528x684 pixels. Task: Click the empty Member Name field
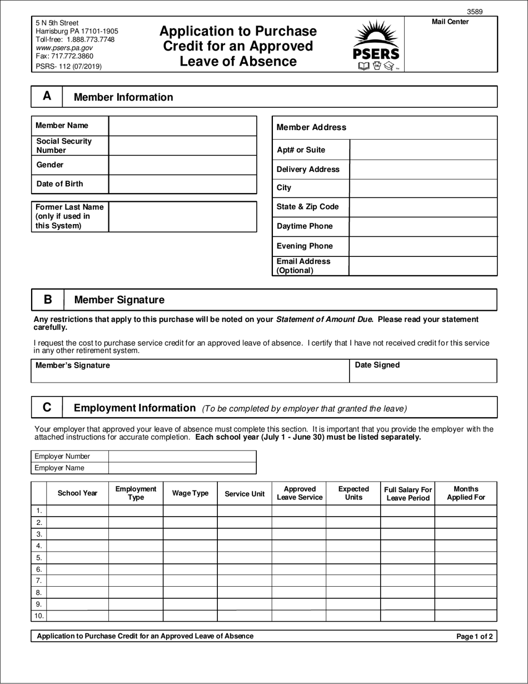pyautogui.click(x=182, y=126)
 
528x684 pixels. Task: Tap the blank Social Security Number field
pyautogui.click(x=182, y=146)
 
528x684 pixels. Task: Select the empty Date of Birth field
pyautogui.click(x=182, y=184)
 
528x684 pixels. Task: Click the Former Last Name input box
pyautogui.click(x=182, y=216)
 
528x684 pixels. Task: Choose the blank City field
pyautogui.click(x=423, y=188)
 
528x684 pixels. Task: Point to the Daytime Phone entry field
pyautogui.click(x=423, y=226)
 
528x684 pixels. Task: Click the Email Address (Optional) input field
pyautogui.click(x=423, y=266)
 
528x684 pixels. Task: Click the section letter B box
pyautogui.click(x=48, y=300)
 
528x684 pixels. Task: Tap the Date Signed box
pyautogui.click(x=423, y=371)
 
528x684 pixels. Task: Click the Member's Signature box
pyautogui.click(x=190, y=371)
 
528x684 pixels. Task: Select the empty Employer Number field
pyautogui.click(x=182, y=456)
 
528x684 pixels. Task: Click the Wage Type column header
pyautogui.click(x=190, y=493)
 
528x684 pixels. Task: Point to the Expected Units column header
pyautogui.click(x=353, y=493)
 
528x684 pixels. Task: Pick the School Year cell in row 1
pyautogui.click(x=77, y=510)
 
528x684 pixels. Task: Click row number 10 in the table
pyautogui.click(x=39, y=616)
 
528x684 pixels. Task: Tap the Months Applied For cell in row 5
pyautogui.click(x=466, y=557)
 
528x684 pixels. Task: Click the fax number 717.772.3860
pyautogui.click(x=64, y=56)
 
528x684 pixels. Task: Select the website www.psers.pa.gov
pyautogui.click(x=64, y=48)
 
